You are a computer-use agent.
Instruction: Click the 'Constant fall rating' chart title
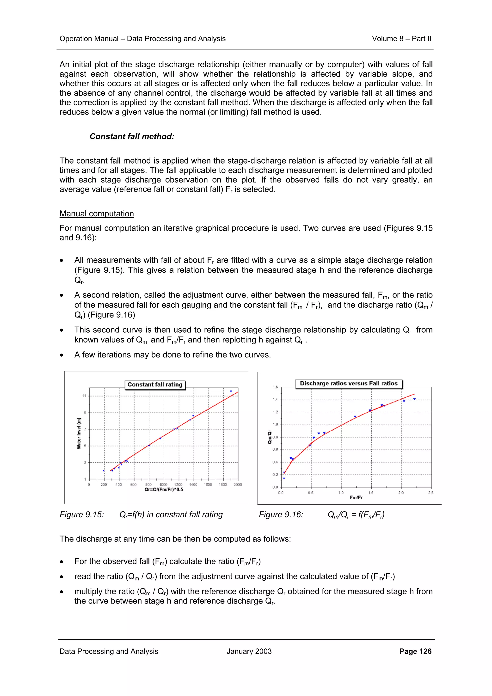tap(155, 384)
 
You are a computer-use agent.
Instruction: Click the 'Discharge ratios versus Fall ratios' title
tap(348, 384)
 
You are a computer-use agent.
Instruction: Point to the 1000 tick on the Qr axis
tap(163, 485)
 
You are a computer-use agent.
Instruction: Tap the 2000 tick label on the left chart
tap(238, 485)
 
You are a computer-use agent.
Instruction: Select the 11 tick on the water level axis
tap(84, 396)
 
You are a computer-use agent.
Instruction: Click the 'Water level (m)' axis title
tap(79, 433)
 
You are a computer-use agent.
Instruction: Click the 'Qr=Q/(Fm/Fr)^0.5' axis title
tap(164, 489)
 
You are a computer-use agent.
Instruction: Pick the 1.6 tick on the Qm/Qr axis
tap(275, 387)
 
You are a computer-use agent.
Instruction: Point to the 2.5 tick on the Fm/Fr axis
tap(431, 493)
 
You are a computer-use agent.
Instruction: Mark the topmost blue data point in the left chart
tap(231, 391)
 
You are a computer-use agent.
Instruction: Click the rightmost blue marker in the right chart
tap(414, 399)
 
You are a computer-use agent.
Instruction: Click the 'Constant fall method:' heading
tap(132, 136)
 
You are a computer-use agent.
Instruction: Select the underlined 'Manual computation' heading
tap(96, 214)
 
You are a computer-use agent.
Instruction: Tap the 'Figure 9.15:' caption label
tap(81, 515)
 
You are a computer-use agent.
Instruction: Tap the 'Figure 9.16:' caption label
tap(281, 515)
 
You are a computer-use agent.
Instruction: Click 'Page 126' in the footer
tap(415, 651)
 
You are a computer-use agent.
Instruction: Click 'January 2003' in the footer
tap(249, 651)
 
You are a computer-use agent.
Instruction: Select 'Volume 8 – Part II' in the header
tap(401, 39)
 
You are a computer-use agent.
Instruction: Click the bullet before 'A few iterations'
tap(61, 355)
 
